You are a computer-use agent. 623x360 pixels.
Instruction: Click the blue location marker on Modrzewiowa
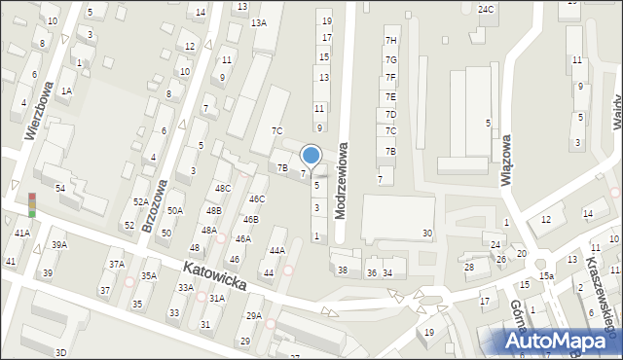[x=311, y=155]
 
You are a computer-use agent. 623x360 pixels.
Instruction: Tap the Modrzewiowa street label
[x=342, y=181]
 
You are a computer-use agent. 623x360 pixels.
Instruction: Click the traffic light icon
[x=32, y=204]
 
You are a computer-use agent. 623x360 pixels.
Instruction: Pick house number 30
[x=426, y=234]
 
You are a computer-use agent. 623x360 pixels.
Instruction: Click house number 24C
[x=486, y=9]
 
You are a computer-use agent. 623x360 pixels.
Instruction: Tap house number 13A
[x=258, y=22]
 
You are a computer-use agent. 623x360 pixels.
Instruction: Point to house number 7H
[x=390, y=40]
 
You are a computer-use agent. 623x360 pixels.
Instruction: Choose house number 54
[x=59, y=188]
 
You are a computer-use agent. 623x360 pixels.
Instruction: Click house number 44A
[x=277, y=250]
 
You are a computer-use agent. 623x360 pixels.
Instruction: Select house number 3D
[x=60, y=352]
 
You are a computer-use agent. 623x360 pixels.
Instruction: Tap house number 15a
[x=548, y=276]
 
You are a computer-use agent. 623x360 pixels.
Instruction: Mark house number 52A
[x=140, y=202]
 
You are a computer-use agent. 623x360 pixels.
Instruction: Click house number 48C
[x=223, y=188]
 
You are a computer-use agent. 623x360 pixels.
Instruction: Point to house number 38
[x=342, y=270]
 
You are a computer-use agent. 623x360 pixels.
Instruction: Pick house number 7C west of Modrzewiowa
[x=276, y=130]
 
